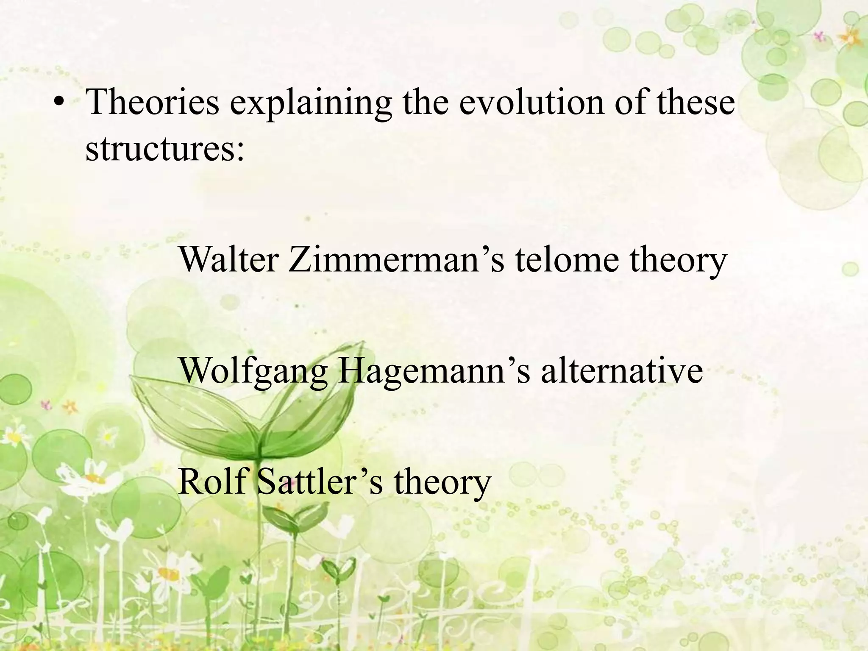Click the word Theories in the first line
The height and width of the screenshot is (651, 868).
pyautogui.click(x=153, y=103)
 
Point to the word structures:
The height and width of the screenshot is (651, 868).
pyautogui.click(x=165, y=149)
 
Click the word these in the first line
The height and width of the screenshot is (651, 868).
pyautogui.click(x=696, y=103)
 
